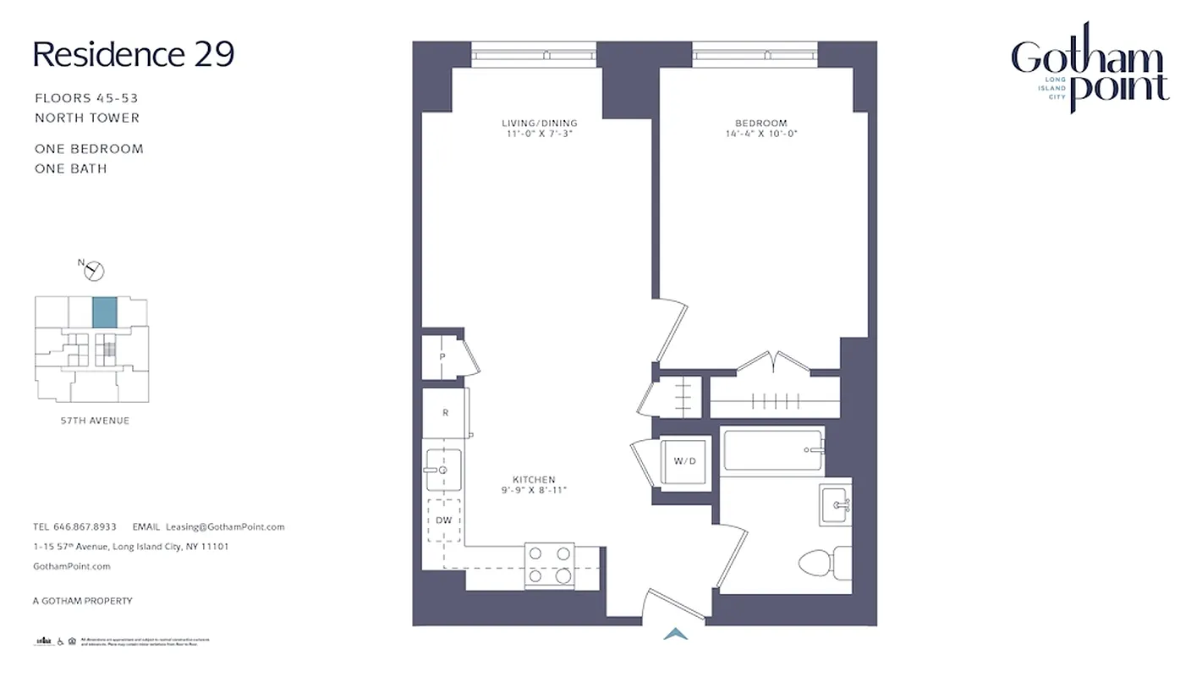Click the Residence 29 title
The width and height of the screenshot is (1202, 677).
coord(133,54)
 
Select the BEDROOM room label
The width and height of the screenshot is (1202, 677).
coord(760,124)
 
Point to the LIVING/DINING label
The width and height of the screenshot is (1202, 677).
coord(539,124)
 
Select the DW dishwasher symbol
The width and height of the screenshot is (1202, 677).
coord(443,520)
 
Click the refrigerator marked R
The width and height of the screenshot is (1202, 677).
coord(445,413)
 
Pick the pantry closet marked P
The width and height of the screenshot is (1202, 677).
coord(442,357)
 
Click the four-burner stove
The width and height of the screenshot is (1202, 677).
coord(550,565)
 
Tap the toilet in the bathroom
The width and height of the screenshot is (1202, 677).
coord(825,561)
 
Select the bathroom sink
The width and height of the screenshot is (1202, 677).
coord(835,505)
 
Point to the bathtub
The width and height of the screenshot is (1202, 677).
coord(772,450)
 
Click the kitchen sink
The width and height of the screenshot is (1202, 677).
coord(442,469)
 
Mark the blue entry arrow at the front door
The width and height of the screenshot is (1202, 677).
coord(675,633)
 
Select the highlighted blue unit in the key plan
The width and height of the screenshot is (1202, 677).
coord(104,312)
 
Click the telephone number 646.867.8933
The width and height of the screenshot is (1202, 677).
coord(85,526)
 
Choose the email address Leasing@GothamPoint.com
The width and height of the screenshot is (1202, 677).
coord(225,526)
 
